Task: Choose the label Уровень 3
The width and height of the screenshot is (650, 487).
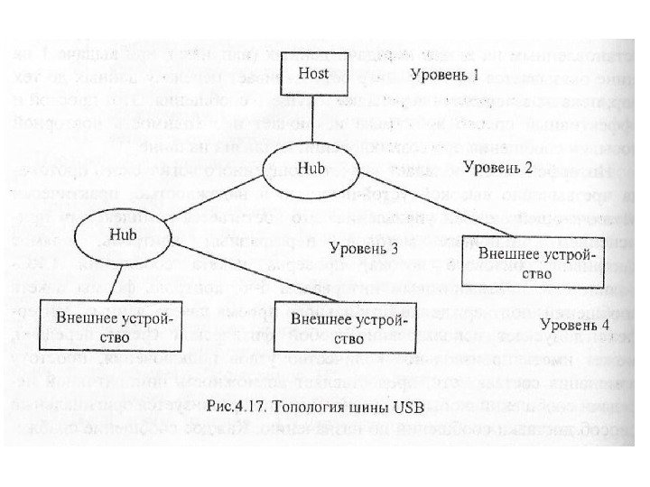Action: point(364,248)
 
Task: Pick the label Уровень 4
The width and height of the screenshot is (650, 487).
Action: point(575,324)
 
